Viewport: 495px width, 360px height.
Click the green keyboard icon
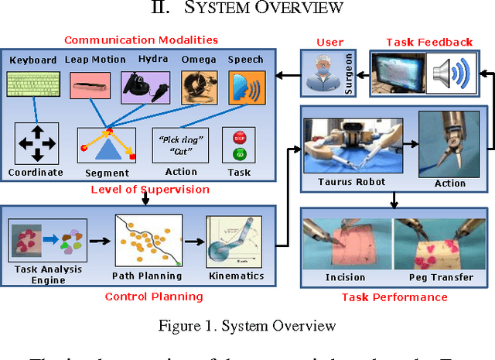point(32,84)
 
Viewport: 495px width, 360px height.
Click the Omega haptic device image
point(196,87)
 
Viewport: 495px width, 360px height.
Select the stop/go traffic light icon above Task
point(238,144)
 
